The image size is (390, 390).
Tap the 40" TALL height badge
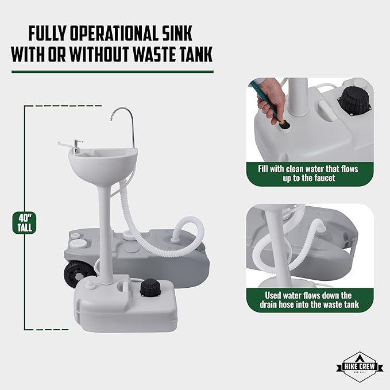[24, 223]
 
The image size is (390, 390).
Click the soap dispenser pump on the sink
[76, 146]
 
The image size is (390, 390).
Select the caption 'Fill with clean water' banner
[310, 173]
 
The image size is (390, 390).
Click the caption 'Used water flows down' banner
[310, 300]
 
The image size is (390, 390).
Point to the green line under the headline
[113, 72]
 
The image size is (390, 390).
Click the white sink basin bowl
[103, 163]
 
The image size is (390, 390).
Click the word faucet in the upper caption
[323, 178]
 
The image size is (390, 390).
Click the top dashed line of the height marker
[63, 106]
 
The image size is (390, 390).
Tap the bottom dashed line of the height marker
[47, 330]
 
